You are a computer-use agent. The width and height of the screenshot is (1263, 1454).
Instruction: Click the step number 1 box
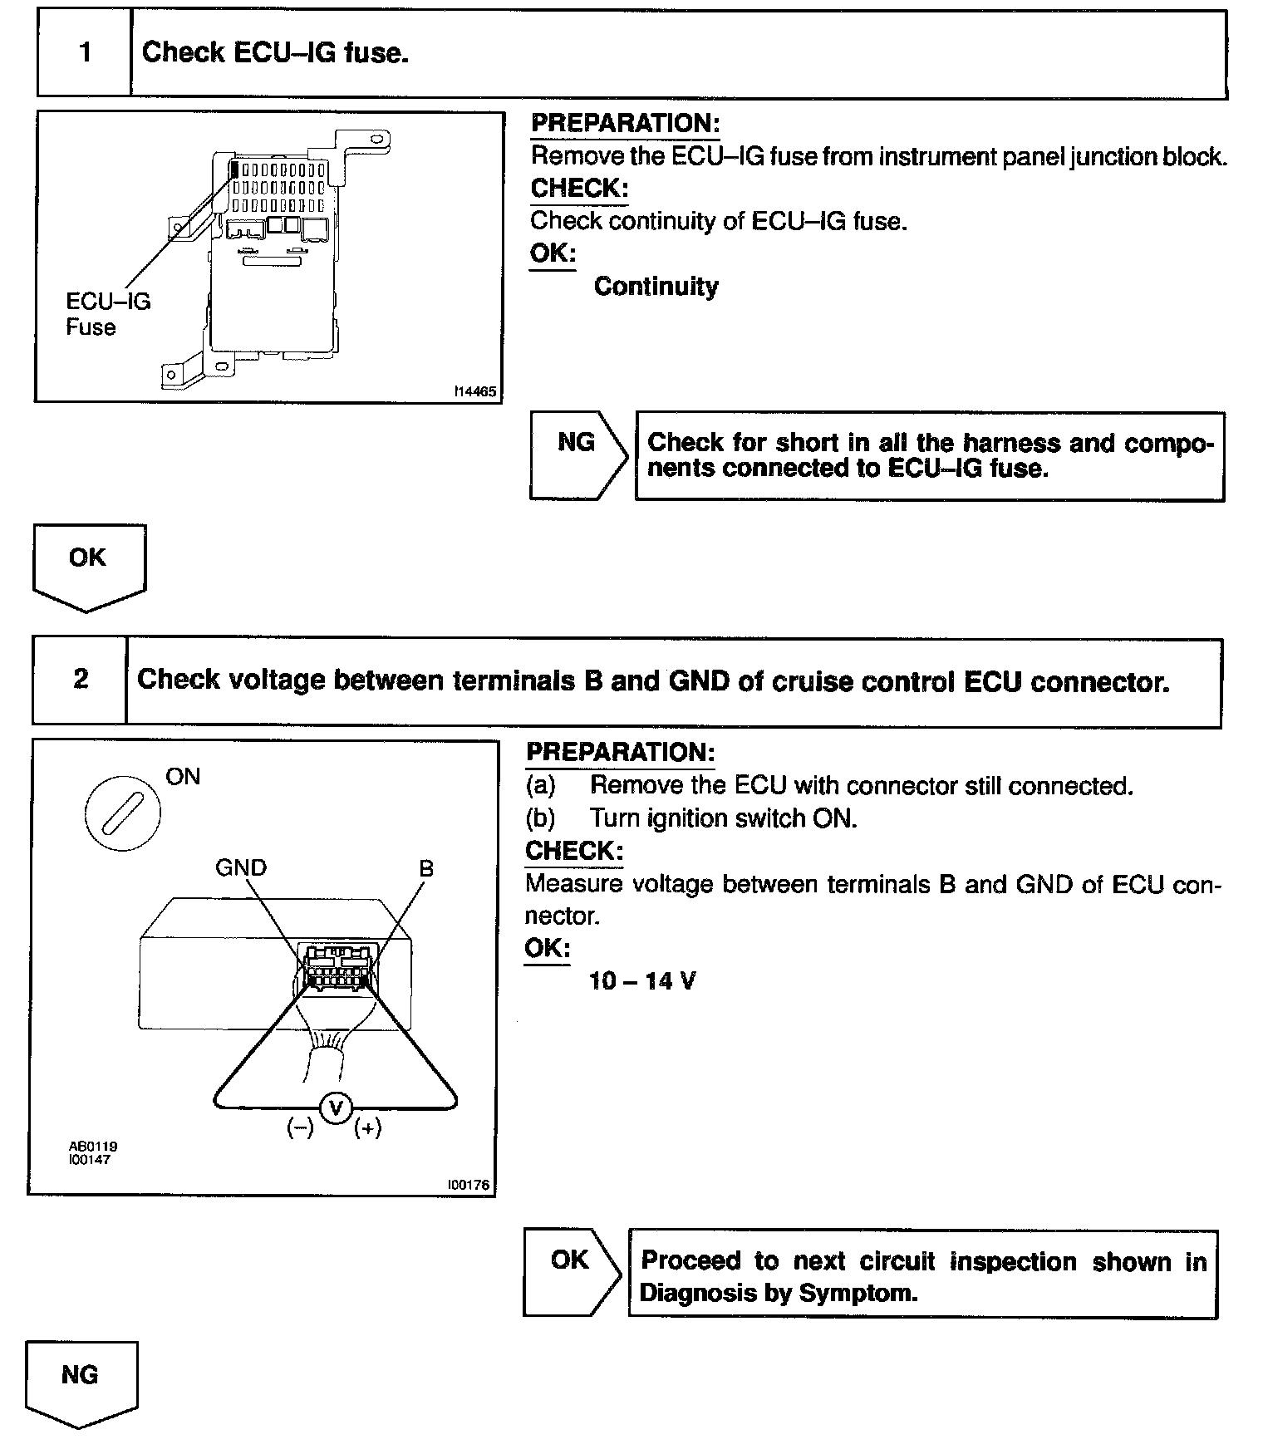click(85, 54)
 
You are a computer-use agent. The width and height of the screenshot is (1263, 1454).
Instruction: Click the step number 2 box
click(81, 680)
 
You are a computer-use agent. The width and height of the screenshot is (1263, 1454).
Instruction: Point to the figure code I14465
click(475, 391)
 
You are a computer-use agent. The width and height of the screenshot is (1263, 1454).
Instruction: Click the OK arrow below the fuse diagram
click(88, 565)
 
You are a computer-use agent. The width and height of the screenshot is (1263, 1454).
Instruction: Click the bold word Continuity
click(656, 287)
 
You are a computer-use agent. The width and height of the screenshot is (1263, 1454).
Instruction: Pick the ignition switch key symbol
click(123, 811)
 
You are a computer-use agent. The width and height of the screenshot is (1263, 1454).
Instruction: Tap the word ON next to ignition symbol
click(183, 777)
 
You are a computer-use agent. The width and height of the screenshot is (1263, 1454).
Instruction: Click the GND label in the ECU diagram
click(241, 868)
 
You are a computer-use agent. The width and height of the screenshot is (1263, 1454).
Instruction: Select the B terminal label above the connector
click(426, 869)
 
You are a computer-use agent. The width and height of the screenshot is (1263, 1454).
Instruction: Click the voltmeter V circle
click(337, 1108)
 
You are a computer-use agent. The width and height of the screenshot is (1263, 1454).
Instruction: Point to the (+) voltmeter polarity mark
click(367, 1128)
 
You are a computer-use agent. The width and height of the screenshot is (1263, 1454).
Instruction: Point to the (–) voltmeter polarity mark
click(300, 1128)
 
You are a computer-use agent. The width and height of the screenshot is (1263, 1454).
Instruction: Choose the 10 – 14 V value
click(642, 981)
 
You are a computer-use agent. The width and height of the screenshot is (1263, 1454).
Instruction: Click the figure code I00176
click(469, 1185)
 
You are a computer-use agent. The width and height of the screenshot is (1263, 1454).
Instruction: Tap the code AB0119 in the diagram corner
click(93, 1147)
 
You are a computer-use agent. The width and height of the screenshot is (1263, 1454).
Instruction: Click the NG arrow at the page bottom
click(80, 1380)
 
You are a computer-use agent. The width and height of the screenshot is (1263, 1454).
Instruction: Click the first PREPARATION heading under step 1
click(625, 124)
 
